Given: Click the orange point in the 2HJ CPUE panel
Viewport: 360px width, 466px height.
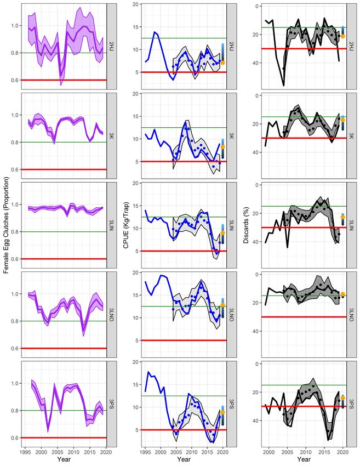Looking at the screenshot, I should [x=222, y=62].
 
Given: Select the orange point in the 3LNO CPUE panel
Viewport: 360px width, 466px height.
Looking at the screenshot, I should [x=222, y=305].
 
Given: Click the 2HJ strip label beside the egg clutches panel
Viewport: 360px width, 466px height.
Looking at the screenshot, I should [x=111, y=46].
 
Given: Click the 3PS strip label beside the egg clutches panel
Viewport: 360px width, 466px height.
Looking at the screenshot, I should [x=111, y=403].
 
